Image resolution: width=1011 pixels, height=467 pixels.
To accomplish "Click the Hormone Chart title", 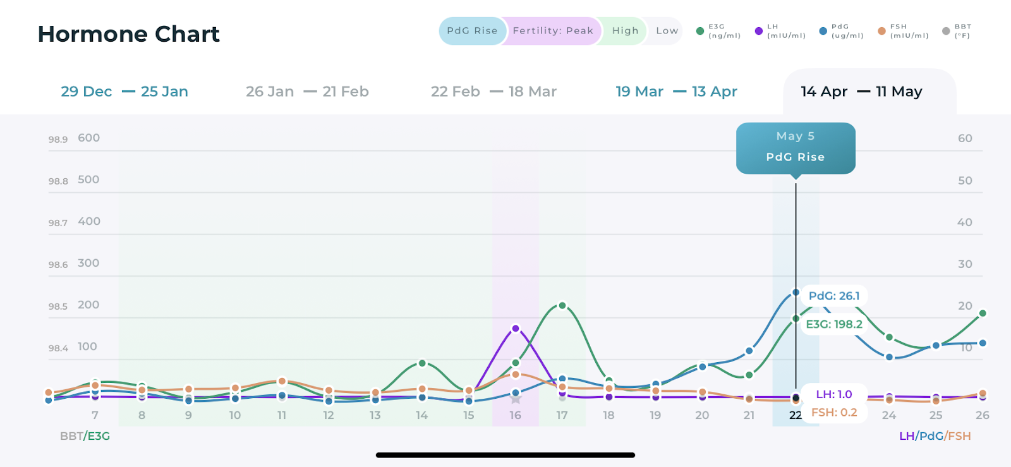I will click(x=129, y=34).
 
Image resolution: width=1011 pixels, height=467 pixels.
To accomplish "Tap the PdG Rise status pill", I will click(x=472, y=31).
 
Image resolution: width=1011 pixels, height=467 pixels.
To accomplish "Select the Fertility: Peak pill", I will click(x=553, y=31).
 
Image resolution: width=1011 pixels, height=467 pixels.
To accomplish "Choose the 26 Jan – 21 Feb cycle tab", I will click(x=307, y=92).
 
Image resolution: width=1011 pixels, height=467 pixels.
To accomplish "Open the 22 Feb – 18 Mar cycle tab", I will click(x=493, y=92).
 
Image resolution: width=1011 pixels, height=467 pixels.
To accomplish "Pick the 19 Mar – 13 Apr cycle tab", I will click(x=676, y=92).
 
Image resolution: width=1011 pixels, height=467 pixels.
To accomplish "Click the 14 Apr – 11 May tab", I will click(x=861, y=92).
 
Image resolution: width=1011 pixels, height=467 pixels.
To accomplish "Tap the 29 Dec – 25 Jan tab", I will click(x=124, y=92).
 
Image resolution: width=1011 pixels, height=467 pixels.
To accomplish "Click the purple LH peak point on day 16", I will click(x=516, y=329).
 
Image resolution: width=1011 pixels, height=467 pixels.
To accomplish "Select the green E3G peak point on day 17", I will click(x=562, y=306).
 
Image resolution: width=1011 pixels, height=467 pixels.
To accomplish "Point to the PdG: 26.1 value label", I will click(x=834, y=296).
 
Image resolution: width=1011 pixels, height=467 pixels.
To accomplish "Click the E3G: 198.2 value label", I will click(x=834, y=324).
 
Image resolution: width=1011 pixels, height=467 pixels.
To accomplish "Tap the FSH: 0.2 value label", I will click(x=834, y=413).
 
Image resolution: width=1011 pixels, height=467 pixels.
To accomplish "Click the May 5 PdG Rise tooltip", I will click(x=796, y=147).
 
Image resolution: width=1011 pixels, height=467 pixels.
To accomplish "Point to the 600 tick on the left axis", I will click(x=88, y=138).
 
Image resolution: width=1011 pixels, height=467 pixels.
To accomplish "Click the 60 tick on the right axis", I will click(x=965, y=138).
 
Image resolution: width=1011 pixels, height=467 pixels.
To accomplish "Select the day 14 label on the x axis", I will click(x=422, y=415).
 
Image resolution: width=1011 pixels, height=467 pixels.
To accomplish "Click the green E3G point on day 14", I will click(x=422, y=363).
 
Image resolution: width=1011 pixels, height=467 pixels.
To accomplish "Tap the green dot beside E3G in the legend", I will click(x=700, y=31).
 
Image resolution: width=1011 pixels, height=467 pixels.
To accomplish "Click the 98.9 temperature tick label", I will click(x=58, y=140).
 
